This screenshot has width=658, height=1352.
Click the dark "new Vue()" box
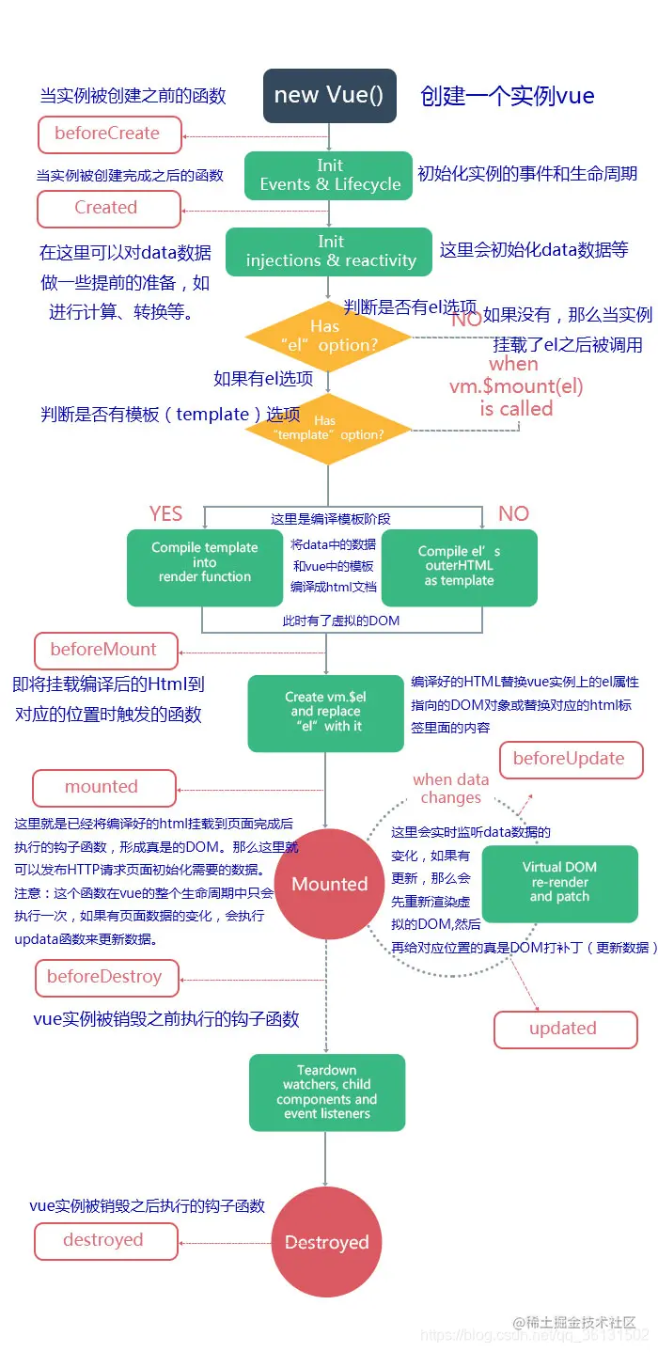(x=328, y=96)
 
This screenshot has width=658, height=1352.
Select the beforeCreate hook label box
(x=108, y=134)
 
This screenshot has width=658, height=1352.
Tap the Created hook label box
(x=108, y=208)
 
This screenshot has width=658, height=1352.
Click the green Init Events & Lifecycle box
(x=330, y=175)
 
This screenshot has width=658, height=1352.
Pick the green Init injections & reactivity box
(x=330, y=251)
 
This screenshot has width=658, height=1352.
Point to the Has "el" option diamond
(x=328, y=337)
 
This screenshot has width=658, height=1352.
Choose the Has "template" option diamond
(x=328, y=429)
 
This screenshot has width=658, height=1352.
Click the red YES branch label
(x=166, y=513)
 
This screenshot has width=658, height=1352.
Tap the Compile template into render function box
(x=204, y=567)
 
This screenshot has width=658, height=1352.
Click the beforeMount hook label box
(x=105, y=650)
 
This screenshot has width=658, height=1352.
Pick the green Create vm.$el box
(x=325, y=713)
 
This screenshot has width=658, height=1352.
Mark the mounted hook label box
(x=103, y=787)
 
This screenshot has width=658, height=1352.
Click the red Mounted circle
(x=328, y=884)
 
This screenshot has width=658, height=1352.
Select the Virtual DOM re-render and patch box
(x=560, y=883)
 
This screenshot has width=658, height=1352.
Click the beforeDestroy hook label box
(x=105, y=977)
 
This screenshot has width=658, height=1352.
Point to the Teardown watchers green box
(x=326, y=1092)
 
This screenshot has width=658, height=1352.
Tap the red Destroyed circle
(x=326, y=1243)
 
